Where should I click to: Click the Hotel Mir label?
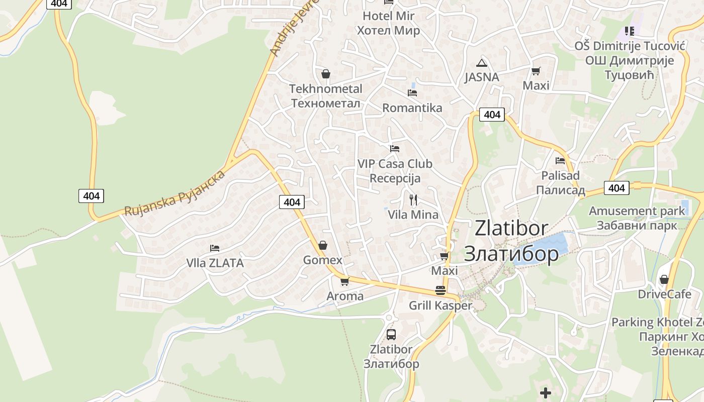[x=388, y=16]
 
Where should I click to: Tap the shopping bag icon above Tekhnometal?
[x=326, y=74]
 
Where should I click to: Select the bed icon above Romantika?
[x=412, y=92]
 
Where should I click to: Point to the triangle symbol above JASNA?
[x=482, y=63]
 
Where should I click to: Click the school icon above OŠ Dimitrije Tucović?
[x=629, y=31]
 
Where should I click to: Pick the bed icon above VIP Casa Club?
[x=395, y=149]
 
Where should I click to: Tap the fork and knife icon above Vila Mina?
[x=413, y=199]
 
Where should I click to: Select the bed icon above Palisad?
[x=560, y=161]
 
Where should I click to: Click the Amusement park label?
[x=637, y=211]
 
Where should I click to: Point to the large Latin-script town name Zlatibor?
[x=511, y=228]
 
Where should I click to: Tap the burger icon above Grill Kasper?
[x=441, y=290]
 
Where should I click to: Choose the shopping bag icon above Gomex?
[x=323, y=245]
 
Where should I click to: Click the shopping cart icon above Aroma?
[x=344, y=281]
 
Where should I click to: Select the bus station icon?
[x=391, y=334]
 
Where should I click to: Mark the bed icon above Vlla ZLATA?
[x=215, y=248]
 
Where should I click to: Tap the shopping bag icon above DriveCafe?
[x=664, y=279]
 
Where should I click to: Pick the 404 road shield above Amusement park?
[x=617, y=188]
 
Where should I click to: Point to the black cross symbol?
[x=546, y=392]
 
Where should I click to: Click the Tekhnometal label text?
[x=325, y=89]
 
